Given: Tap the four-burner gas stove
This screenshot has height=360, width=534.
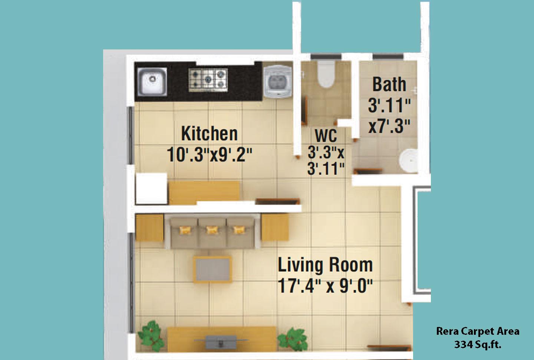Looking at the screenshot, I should [208, 80].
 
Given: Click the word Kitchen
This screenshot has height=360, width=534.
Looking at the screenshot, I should [210, 134].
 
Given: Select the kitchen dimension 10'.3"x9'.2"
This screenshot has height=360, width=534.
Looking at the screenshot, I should [210, 154].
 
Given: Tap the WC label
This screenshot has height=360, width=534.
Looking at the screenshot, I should [326, 135].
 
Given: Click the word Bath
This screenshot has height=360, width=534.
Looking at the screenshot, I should [389, 84].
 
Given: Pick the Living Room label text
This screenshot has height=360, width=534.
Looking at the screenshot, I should [325, 265].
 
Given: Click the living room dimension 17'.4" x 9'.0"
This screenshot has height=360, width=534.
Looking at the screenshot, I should [325, 286].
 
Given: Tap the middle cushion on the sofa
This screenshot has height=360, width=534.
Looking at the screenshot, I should [212, 230].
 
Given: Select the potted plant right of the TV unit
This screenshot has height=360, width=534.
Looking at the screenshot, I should [293, 338].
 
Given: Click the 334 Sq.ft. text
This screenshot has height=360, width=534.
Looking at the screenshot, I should [478, 344].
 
